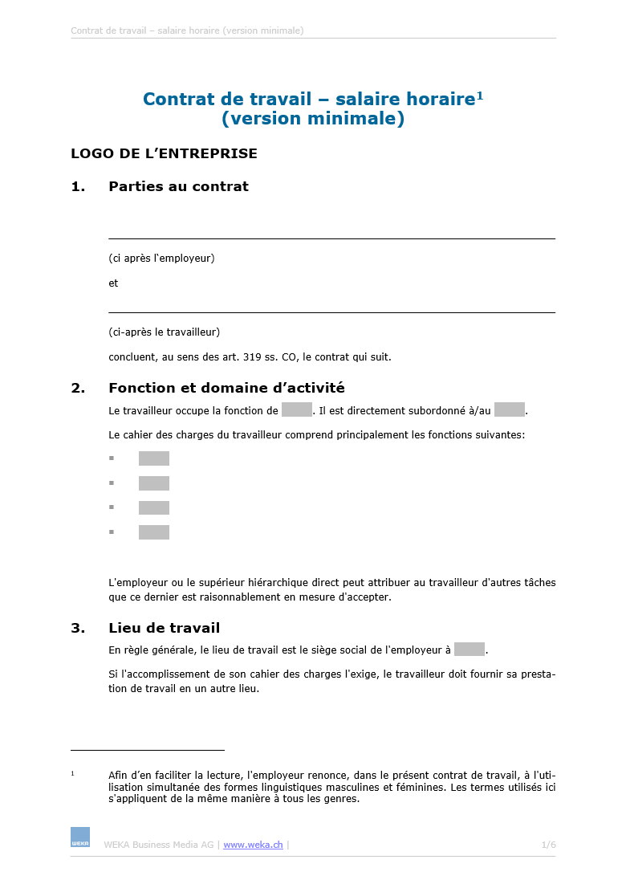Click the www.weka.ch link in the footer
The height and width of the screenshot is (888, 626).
click(x=253, y=845)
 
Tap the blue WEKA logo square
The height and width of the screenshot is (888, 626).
click(x=80, y=837)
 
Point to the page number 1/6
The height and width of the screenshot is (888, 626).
click(x=548, y=845)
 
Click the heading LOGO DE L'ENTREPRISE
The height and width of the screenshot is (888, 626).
click(x=164, y=153)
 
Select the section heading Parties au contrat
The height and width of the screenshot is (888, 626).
click(x=178, y=186)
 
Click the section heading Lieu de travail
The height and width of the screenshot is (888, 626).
click(x=164, y=628)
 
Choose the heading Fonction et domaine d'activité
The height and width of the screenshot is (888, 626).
click(x=226, y=388)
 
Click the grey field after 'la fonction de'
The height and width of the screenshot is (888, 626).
click(x=297, y=410)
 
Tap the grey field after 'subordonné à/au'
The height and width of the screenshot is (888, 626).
click(x=509, y=410)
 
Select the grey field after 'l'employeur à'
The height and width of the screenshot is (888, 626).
click(x=469, y=650)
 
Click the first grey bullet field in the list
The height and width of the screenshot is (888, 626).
click(x=154, y=458)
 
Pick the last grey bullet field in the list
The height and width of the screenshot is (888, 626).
click(x=154, y=532)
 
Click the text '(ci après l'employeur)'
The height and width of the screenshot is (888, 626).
click(x=161, y=259)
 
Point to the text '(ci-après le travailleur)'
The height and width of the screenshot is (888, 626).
click(x=164, y=332)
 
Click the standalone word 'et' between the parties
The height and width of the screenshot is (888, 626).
click(x=113, y=283)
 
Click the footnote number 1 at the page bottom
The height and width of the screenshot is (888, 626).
click(x=72, y=774)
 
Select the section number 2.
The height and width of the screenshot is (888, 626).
click(x=78, y=388)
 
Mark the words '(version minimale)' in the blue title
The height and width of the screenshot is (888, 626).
click(x=313, y=119)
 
